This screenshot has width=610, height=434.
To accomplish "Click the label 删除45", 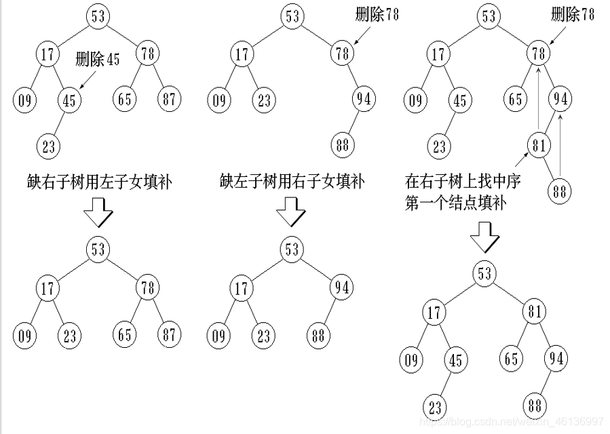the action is pos(98,60).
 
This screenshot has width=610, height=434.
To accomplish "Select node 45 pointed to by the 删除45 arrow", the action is pos(69,101).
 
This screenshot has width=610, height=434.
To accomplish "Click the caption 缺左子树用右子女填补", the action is pos(292,182).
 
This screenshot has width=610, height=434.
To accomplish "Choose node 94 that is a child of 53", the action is pos(341,288).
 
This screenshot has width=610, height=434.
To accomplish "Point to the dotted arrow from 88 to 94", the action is pos(560,146).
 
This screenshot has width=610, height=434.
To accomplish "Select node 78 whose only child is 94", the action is pos(341,53).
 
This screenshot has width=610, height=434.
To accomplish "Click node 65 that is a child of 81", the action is pos(513,359).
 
